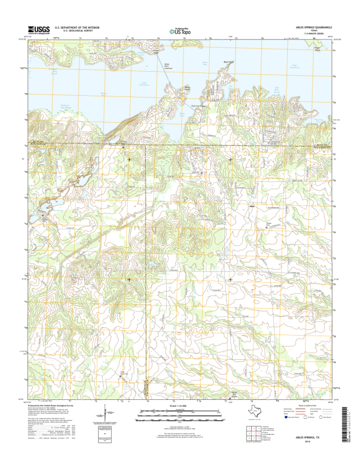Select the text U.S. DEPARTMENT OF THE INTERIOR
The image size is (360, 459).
click(x=77, y=27)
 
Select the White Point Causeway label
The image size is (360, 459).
click(x=167, y=67)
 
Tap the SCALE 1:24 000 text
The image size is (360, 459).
click(x=180, y=405)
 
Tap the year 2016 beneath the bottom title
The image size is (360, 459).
click(x=314, y=442)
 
